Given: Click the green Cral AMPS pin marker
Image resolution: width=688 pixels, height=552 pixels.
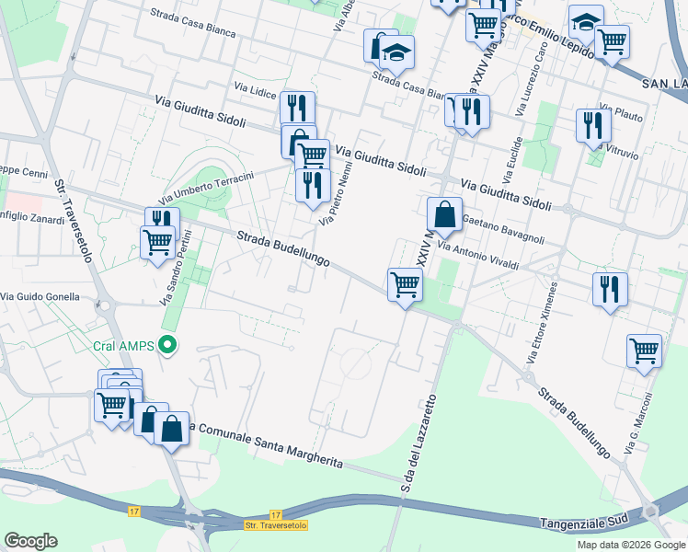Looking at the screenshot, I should (166, 346).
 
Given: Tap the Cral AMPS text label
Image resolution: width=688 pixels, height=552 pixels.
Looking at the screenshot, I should (123, 347).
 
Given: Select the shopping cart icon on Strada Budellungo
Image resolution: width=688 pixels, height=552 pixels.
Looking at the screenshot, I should (405, 285).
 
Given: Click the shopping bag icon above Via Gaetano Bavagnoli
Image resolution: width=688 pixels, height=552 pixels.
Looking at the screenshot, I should (444, 214).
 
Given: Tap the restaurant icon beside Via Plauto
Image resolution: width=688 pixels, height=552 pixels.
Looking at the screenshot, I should (593, 124).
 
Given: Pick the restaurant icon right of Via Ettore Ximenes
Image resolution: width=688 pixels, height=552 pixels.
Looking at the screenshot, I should (610, 288).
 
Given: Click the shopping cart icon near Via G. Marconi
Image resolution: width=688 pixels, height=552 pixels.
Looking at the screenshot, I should (644, 351).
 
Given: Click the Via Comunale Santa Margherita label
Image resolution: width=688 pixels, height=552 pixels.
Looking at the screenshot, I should (265, 446).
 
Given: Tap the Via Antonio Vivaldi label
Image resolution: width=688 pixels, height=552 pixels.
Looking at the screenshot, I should (478, 259).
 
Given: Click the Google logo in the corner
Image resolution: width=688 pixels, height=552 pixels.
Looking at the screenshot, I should (30, 541).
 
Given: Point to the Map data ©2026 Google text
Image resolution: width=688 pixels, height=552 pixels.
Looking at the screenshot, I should (631, 545).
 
